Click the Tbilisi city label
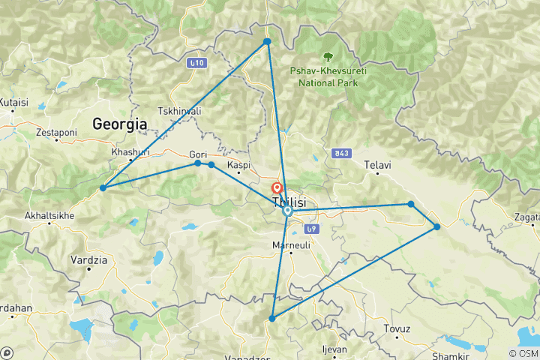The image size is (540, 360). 289,203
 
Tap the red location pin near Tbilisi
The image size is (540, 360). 277,189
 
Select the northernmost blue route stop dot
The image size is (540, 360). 267,42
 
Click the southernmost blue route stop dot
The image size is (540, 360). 272,319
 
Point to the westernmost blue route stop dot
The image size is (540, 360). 103,187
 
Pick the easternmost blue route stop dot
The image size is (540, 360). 436,226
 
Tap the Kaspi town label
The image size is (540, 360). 238,165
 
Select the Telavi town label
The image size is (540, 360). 377,164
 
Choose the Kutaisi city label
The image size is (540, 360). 13,102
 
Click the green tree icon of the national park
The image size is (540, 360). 328,56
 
